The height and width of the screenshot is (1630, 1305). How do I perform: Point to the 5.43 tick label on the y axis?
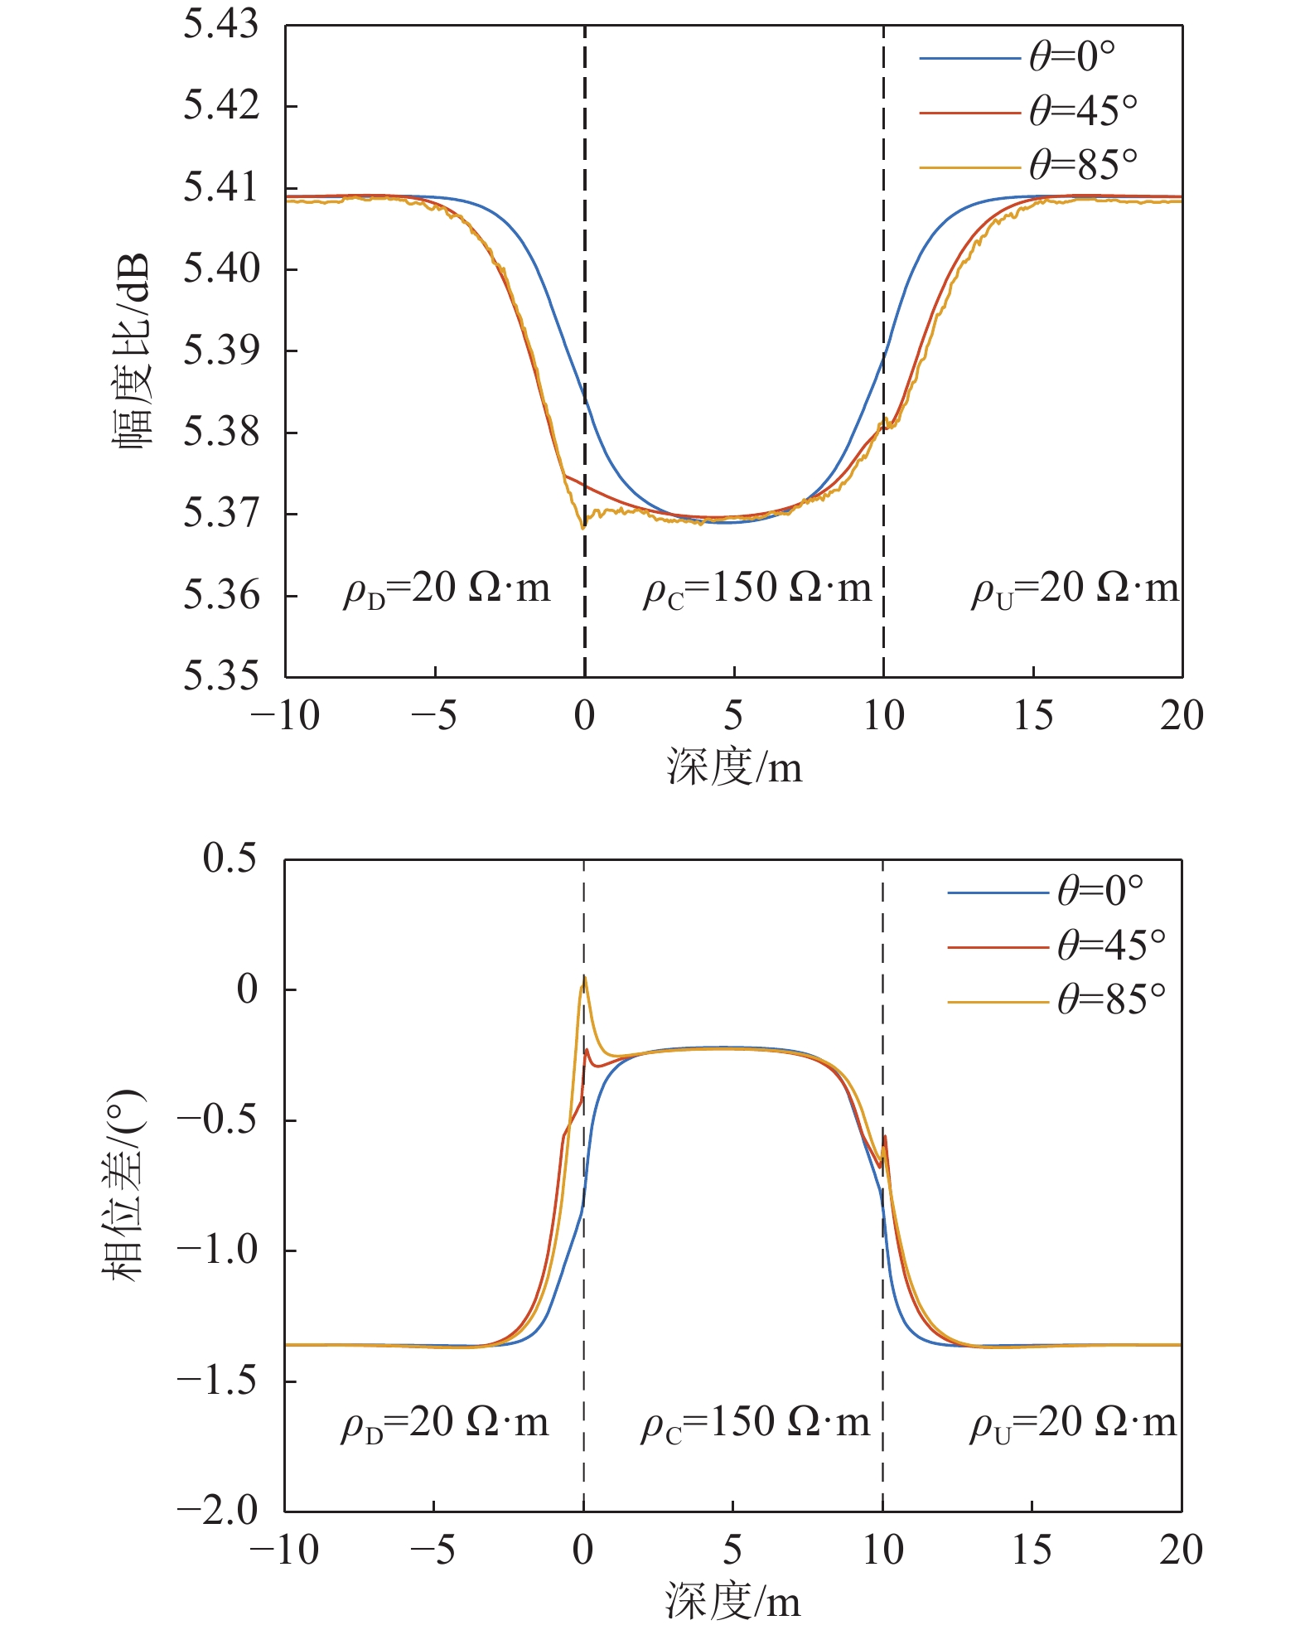pyautogui.click(x=220, y=26)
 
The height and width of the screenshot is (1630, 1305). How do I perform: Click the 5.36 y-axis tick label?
pyautogui.click(x=220, y=595)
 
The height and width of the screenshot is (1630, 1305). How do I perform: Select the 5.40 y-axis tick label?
pyautogui.click(x=220, y=269)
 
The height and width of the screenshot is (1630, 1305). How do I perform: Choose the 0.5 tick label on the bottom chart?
pyautogui.click(x=230, y=859)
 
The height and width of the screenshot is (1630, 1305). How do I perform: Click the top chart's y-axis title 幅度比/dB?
pyautogui.click(x=133, y=351)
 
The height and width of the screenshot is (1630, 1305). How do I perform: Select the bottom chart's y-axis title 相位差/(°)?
pyautogui.click(x=124, y=1186)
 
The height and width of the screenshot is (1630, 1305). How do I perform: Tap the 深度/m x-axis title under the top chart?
pyautogui.click(x=734, y=767)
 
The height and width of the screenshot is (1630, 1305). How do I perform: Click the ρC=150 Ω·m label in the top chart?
pyautogui.click(x=757, y=589)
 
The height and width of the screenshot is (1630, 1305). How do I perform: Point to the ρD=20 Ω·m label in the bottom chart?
pyautogui.click(x=445, y=1423)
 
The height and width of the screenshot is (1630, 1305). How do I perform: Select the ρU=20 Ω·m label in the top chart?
pyautogui.click(x=1075, y=589)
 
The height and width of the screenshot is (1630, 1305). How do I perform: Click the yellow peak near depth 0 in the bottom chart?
pyautogui.click(x=584, y=978)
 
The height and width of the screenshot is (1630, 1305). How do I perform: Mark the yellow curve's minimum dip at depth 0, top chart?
pyautogui.click(x=583, y=526)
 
